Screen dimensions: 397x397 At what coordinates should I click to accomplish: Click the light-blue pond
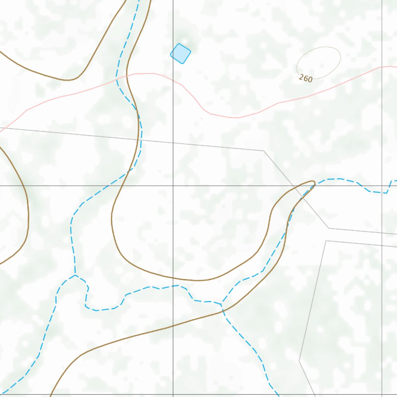click(181, 54)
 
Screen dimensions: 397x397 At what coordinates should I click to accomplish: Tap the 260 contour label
click(306, 78)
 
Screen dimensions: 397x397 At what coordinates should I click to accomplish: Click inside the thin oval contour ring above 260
click(319, 62)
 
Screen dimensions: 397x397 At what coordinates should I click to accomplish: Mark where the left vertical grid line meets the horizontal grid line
click(173, 186)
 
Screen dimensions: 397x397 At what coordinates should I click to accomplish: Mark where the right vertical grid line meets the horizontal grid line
click(382, 186)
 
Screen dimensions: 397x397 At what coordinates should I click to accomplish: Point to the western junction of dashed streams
click(75, 275)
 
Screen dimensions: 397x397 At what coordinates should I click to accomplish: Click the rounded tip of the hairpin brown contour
click(314, 182)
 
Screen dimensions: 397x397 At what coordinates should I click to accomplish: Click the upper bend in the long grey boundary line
click(264, 151)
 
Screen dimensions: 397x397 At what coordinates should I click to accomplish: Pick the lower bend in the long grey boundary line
click(328, 228)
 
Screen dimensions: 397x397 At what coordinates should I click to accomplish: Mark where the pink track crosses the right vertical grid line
click(382, 67)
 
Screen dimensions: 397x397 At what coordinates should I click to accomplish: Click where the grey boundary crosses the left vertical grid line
click(173, 142)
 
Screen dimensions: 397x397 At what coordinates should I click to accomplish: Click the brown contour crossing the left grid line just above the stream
click(173, 278)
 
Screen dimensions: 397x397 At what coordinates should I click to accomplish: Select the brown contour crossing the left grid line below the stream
click(173, 326)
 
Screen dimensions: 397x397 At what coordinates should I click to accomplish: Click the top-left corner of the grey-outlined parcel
click(326, 241)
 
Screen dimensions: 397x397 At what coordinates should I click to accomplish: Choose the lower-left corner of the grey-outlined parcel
click(299, 361)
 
